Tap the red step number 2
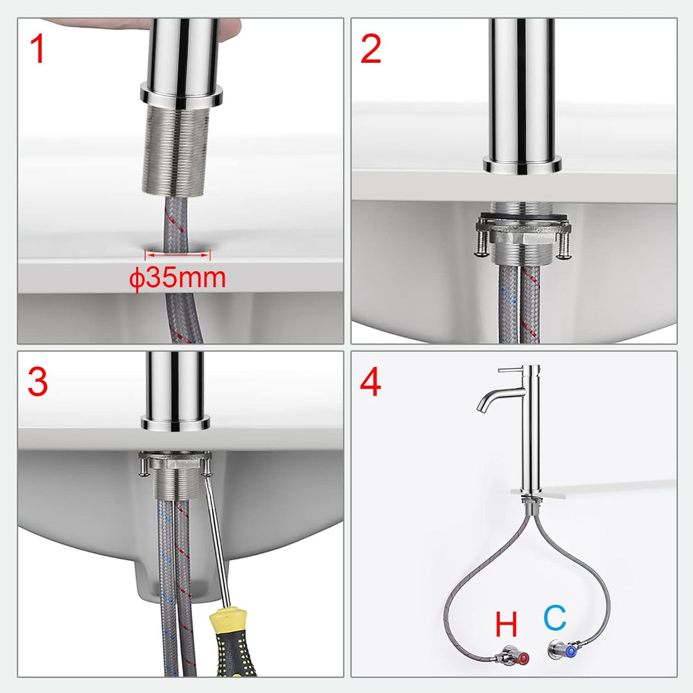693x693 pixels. tap(371, 49)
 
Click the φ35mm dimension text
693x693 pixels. tap(177, 279)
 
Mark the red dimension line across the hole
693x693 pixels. tap(178, 255)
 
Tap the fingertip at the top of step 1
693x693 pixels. tap(231, 26)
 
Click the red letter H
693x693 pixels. tap(506, 624)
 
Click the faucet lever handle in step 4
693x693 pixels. tap(510, 370)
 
